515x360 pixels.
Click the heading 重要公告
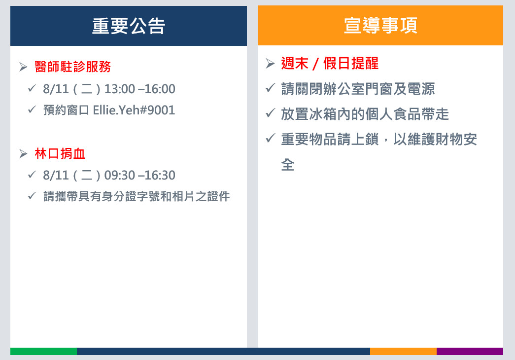pos(129,26)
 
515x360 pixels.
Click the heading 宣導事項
pos(380,25)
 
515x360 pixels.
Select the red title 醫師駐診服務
pos(73,67)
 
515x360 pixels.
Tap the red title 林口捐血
pos(60,153)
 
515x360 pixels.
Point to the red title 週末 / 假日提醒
pos(330,63)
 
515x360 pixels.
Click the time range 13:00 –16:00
pos(139,89)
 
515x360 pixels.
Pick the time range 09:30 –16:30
pos(139,175)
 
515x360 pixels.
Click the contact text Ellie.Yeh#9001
pos(134,110)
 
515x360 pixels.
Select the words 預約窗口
pos(67,110)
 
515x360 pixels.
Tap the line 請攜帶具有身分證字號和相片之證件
pos(137,196)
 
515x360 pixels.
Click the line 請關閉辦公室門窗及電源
pos(358,89)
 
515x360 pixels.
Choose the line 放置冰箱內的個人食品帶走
pos(365,114)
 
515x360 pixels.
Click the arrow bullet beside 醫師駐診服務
pos(23,67)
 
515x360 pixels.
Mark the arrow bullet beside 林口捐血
pos(23,153)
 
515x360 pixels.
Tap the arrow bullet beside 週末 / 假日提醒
pos(270,63)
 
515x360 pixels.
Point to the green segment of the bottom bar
pos(44,351)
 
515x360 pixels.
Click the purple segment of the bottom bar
pos(470,351)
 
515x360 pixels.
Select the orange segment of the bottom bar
pos(403,351)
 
